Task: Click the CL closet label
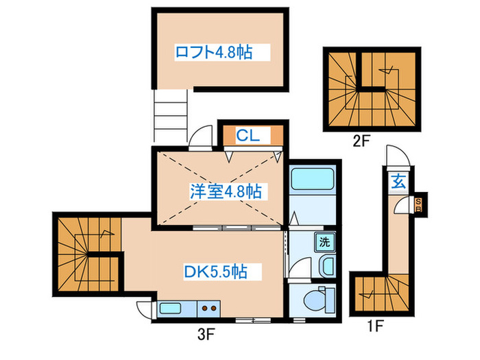(x=248, y=136)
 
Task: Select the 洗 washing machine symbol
(x=324, y=241)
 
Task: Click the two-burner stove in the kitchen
(x=209, y=309)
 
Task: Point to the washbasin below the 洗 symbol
(x=327, y=265)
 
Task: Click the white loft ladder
(x=169, y=117)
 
